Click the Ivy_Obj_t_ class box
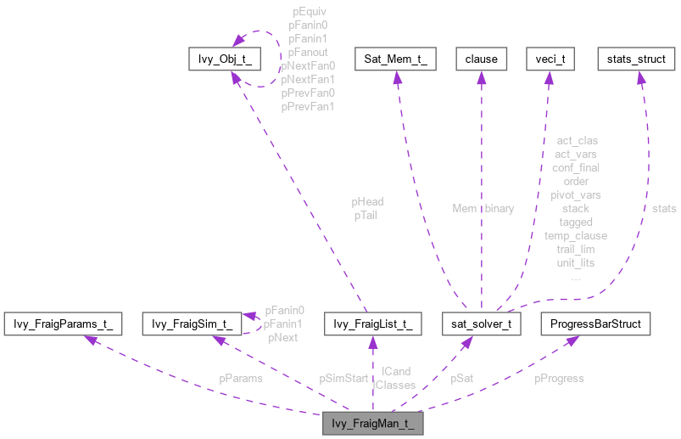pyautogui.click(x=223, y=59)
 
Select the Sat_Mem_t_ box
pyautogui.click(x=394, y=59)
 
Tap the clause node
pyautogui.click(x=480, y=59)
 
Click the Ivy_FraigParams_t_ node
pyautogui.click(x=64, y=324)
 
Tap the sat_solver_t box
pyautogui.click(x=480, y=324)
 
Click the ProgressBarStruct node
pyautogui.click(x=595, y=324)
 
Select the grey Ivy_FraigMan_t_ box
pyautogui.click(x=372, y=422)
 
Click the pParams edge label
pyautogui.click(x=241, y=379)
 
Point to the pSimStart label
pyautogui.click(x=343, y=378)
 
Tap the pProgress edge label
pyautogui.click(x=559, y=378)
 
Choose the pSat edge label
pyautogui.click(x=462, y=378)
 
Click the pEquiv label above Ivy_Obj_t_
pyautogui.click(x=310, y=13)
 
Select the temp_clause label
pyautogui.click(x=576, y=235)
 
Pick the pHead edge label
pyautogui.click(x=368, y=202)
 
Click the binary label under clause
pyautogui.click(x=500, y=208)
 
